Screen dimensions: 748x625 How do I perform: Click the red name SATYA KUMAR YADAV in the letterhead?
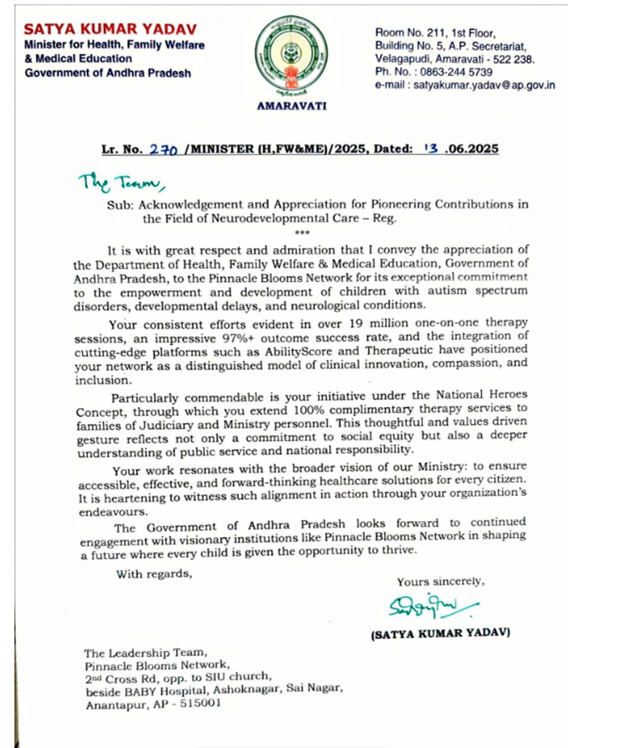tap(110, 29)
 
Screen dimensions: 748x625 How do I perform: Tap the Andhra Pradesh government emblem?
tap(291, 57)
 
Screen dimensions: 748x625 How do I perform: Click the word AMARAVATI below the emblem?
tap(291, 106)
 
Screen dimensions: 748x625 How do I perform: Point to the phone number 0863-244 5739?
tap(456, 72)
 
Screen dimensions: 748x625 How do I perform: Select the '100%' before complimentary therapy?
tap(309, 410)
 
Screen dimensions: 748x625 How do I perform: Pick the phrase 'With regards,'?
tap(154, 574)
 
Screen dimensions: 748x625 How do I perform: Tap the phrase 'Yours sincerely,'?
tap(441, 582)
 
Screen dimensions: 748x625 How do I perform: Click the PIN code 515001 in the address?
tap(201, 703)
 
